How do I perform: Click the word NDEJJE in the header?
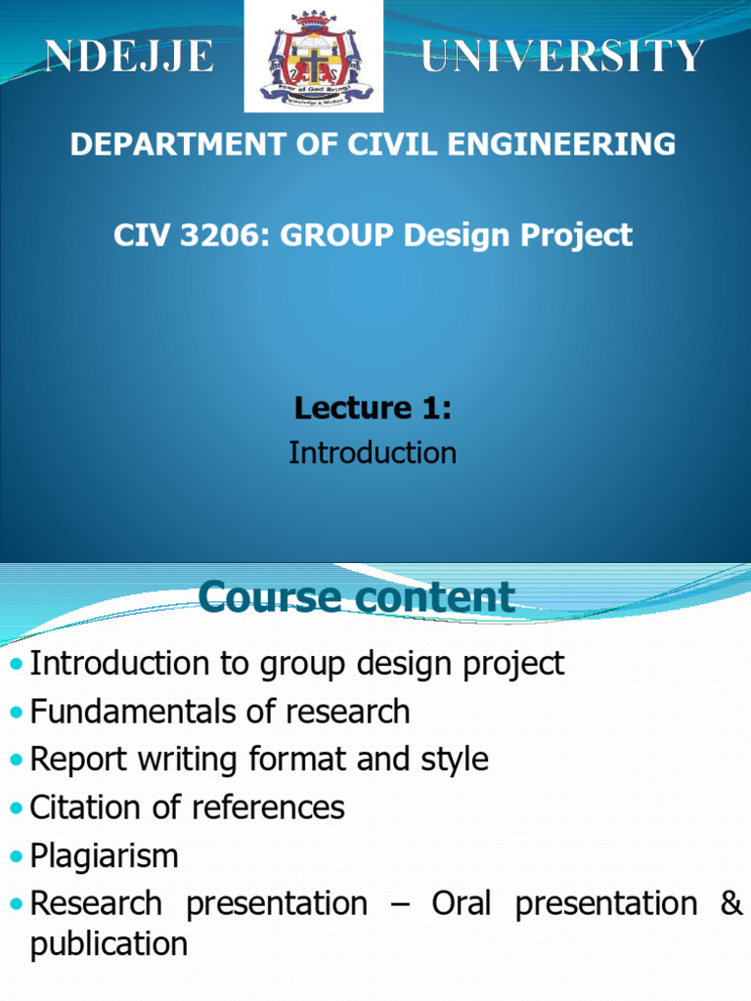(129, 56)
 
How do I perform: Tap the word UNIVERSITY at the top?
(562, 56)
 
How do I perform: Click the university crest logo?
(314, 56)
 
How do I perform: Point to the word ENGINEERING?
(561, 144)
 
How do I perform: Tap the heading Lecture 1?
(373, 408)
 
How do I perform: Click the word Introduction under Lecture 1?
(373, 453)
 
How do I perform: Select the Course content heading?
(356, 597)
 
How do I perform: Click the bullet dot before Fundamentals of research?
(17, 713)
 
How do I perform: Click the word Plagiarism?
(104, 856)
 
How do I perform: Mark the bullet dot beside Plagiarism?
(17, 856)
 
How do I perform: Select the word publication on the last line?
(110, 944)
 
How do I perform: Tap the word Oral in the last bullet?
(462, 903)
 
